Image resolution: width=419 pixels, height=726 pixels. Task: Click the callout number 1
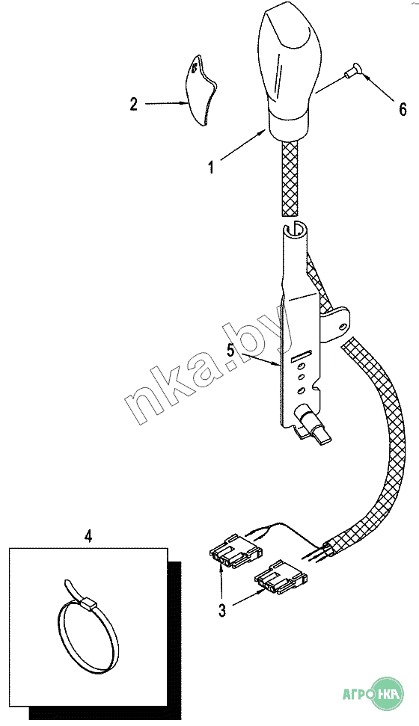click(x=211, y=167)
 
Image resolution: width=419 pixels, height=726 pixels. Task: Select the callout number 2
click(x=133, y=104)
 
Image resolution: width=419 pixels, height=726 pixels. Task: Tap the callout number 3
click(x=222, y=611)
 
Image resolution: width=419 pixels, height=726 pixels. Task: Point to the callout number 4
click(x=88, y=536)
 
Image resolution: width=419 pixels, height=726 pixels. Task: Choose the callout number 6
click(x=403, y=110)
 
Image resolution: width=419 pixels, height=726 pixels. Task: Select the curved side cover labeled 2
click(x=202, y=90)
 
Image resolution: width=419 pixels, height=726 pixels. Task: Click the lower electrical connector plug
click(x=281, y=576)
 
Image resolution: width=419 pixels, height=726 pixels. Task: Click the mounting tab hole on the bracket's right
click(x=343, y=327)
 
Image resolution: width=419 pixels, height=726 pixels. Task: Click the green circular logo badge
click(x=388, y=694)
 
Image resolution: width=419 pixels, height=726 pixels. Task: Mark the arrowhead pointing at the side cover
click(x=182, y=104)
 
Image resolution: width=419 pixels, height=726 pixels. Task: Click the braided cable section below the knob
click(x=290, y=177)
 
